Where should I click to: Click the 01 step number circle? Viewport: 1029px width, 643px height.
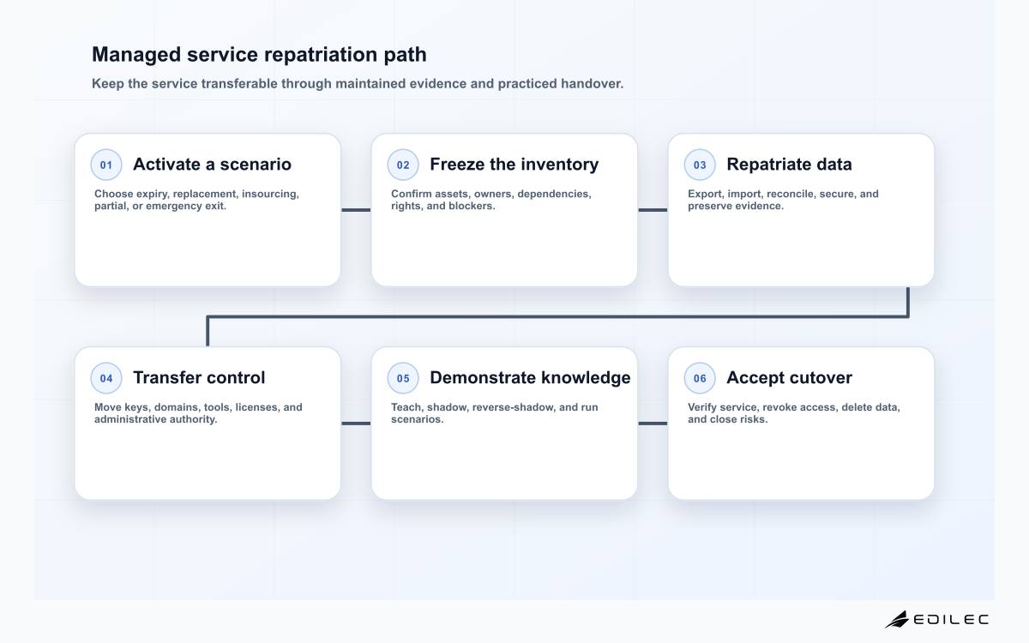106,165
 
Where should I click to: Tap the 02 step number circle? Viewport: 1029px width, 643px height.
403,165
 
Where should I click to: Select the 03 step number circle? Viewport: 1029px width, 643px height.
700,165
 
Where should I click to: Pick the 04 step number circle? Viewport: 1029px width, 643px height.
106,378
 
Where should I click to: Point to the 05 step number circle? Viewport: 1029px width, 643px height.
403,378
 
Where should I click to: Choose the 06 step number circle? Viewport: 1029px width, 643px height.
700,378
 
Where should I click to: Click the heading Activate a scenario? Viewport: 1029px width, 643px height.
213,164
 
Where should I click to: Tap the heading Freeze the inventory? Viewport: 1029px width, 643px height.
514,164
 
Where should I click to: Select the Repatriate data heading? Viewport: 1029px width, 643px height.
789,165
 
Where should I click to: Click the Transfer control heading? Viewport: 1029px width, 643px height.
199,377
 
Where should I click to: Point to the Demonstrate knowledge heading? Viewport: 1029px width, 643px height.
530,377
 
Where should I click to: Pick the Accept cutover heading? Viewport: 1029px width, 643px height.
789,378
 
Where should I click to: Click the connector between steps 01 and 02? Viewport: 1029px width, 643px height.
356,210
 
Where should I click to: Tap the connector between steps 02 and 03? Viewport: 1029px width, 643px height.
653,210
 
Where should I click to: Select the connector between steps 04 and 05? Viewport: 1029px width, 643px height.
356,424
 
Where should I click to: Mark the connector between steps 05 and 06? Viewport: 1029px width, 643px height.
653,424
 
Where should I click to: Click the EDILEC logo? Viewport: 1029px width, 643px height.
936,619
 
